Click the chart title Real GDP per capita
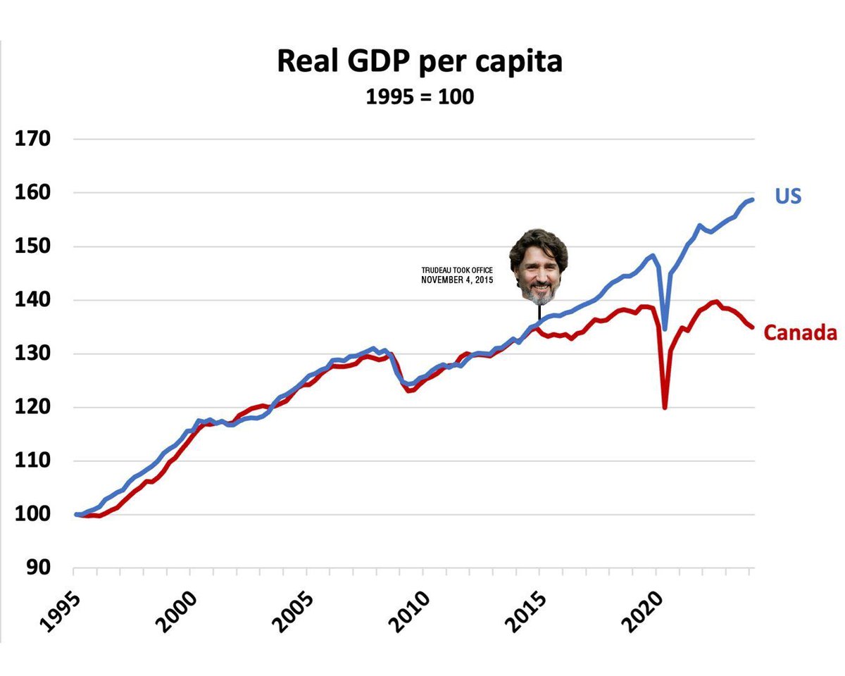coord(420,61)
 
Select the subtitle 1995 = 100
coord(420,96)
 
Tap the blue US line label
coord(788,196)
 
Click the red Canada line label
coord(800,332)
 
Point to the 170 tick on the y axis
coord(34,139)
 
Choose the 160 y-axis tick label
coord(34,193)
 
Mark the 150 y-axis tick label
coord(34,246)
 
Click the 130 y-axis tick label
coord(34,354)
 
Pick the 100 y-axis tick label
coord(34,515)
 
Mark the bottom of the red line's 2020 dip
coord(665,407)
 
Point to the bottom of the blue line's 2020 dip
coord(665,328)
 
